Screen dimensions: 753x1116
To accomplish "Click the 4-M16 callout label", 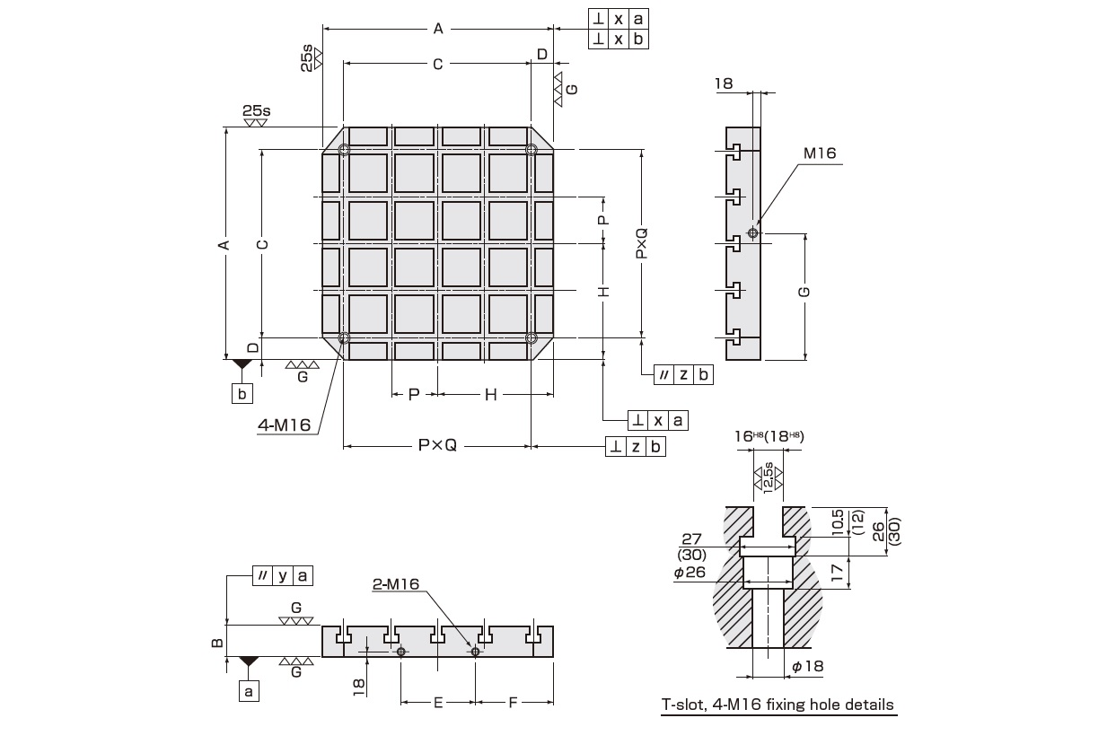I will tap(284, 425).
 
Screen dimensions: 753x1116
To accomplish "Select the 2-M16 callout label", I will tap(396, 584).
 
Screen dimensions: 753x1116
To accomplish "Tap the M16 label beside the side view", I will tap(819, 153).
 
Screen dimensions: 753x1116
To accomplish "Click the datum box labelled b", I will tap(242, 393).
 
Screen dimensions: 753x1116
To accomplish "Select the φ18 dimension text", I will tap(807, 666).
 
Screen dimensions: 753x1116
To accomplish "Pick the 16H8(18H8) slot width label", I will tap(769, 435).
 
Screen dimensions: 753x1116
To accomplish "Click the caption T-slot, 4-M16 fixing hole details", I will tap(778, 705).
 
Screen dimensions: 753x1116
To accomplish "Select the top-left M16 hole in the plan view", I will tap(344, 150).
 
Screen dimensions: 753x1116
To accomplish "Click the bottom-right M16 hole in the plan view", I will tap(532, 338).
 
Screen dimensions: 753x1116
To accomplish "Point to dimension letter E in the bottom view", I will tap(437, 703).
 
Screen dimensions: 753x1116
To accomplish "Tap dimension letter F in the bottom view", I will tap(513, 703).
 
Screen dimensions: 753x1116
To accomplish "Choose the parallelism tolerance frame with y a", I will tap(283, 574).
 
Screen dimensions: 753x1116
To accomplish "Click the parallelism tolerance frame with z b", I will tap(683, 374).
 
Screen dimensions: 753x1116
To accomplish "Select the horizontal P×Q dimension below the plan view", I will tap(437, 445).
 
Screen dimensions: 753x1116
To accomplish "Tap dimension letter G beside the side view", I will tap(804, 292).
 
